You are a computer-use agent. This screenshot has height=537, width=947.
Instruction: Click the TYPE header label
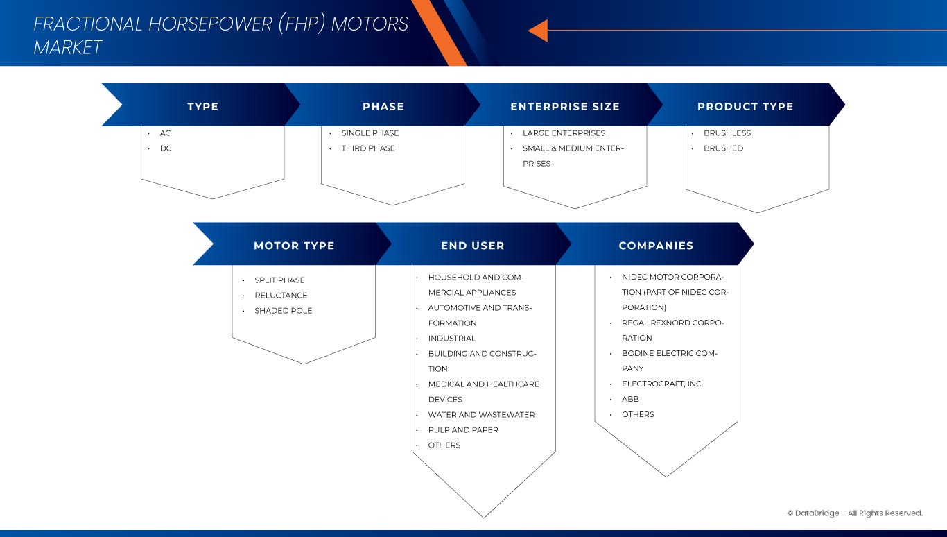point(202,107)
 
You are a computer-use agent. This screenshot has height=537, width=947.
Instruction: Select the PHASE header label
point(383,107)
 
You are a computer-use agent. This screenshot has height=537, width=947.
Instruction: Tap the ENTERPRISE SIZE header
point(564,107)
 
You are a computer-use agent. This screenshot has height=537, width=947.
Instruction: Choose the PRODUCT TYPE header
point(745,107)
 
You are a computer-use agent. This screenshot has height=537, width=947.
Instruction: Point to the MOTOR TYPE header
point(294,246)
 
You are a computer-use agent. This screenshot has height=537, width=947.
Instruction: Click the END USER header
point(472,246)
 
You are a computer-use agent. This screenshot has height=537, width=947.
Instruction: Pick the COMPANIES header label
point(656,246)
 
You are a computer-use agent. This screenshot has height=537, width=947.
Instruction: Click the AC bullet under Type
point(165,133)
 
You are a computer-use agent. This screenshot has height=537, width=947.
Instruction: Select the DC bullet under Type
point(166,148)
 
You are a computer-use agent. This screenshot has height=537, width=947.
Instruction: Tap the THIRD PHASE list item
point(367,148)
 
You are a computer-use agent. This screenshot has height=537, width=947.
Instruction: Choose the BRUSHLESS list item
point(727,133)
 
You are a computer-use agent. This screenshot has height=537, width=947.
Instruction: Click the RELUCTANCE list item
point(281,296)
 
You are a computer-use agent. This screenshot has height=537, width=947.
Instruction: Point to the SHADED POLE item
point(283,311)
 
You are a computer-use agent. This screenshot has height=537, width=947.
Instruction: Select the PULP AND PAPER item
point(462,430)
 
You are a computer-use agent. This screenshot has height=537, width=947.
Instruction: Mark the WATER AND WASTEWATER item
point(481,415)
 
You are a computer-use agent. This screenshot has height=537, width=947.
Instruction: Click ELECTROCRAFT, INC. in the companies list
point(662,384)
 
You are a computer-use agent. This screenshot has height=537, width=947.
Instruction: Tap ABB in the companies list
point(630,400)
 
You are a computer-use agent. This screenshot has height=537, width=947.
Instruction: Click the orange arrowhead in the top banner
point(538,31)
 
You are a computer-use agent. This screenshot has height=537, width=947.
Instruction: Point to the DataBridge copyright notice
point(854,513)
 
